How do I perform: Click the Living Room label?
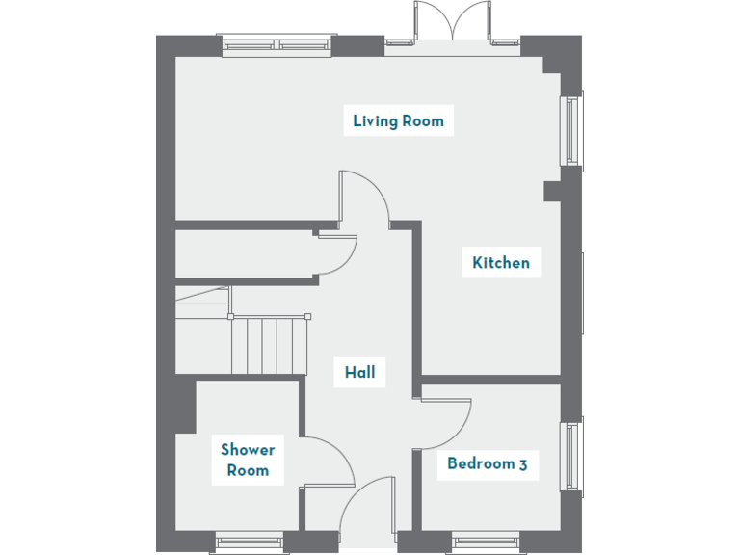[x=398, y=121]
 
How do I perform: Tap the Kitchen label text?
[x=500, y=262]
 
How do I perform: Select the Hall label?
[x=359, y=372]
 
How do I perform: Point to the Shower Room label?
[x=248, y=460]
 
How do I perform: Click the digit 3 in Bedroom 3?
[x=522, y=464]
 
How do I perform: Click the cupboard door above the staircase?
[x=338, y=254]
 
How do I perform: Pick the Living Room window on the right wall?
[x=573, y=131]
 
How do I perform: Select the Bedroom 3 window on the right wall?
[x=573, y=456]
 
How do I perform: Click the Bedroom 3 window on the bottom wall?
[x=486, y=542]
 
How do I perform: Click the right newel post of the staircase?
[x=307, y=316]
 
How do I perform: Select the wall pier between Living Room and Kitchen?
[x=552, y=191]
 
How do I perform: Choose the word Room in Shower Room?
[x=248, y=470]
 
